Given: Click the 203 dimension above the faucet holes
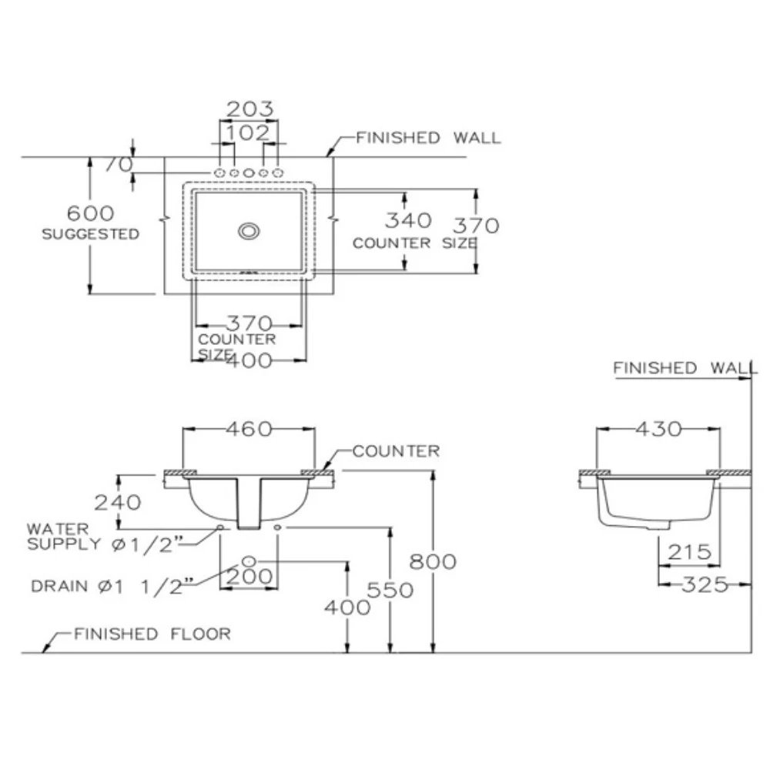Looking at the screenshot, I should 249,109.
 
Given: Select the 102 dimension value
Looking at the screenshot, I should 249,132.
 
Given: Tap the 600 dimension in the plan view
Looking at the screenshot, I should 89,213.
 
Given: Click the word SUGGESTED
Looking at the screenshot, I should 91,234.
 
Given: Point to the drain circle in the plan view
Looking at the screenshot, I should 249,230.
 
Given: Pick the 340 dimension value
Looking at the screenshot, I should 407,221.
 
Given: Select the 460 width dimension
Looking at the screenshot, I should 248,429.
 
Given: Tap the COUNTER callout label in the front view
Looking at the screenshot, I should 396,451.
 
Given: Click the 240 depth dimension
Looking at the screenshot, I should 118,502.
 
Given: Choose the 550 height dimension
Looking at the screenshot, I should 390,590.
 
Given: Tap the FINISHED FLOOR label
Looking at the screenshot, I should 152,634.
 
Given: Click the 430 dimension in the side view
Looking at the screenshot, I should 658,429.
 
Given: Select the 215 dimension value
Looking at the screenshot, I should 689,551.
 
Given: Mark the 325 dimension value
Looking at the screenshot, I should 705,584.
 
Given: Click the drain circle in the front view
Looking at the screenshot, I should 249,561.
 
